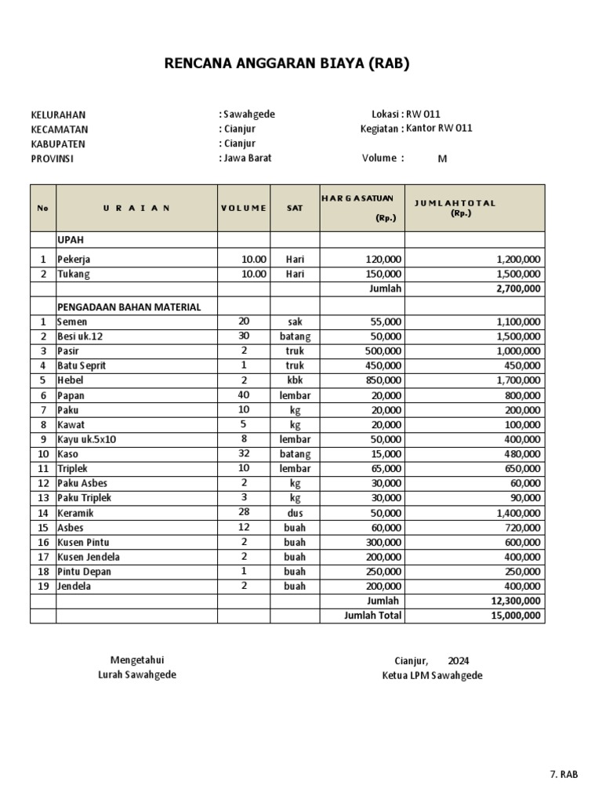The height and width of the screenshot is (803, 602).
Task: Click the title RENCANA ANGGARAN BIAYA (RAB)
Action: tap(287, 64)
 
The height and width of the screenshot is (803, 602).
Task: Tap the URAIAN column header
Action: tap(136, 208)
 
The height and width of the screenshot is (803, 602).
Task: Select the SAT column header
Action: tap(295, 208)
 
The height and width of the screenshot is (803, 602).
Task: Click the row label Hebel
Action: tap(70, 380)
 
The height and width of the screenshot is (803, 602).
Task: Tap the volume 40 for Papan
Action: tap(243, 395)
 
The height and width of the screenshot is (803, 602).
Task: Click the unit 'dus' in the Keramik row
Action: tap(295, 513)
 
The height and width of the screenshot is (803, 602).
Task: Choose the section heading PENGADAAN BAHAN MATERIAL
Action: tap(129, 307)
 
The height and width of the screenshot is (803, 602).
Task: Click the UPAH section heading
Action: tap(71, 239)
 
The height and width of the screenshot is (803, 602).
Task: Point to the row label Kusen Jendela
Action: tap(89, 557)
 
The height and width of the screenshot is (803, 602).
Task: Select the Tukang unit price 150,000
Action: tap(383, 274)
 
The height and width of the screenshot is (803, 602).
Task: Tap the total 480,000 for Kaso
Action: tap(520, 454)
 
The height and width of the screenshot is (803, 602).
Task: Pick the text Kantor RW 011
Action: tap(439, 129)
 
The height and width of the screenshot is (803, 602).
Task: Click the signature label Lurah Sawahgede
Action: tap(137, 675)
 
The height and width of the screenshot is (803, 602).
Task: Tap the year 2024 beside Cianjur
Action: tap(459, 660)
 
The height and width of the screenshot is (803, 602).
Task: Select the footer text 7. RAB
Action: tap(564, 775)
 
